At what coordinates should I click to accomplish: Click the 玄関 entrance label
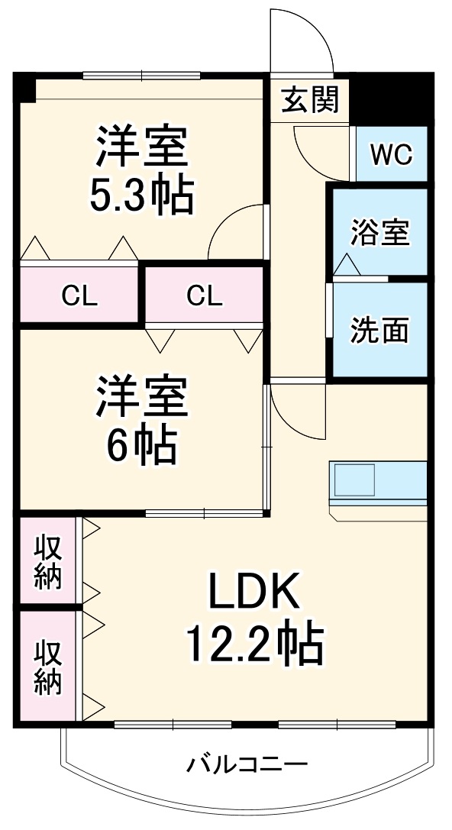pos(310,100)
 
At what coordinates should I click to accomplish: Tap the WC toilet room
pos(391,154)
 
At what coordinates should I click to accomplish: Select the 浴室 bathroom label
pos(379,232)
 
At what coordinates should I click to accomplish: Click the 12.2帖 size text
pos(253,643)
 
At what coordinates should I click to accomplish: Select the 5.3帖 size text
pos(141,195)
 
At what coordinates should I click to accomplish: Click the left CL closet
pos(79,296)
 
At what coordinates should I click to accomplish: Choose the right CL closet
pos(204,296)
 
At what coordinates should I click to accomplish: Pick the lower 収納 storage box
pos(47,666)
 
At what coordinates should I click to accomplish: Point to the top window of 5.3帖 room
pos(142,75)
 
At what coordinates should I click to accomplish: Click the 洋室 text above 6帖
pos(141,397)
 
